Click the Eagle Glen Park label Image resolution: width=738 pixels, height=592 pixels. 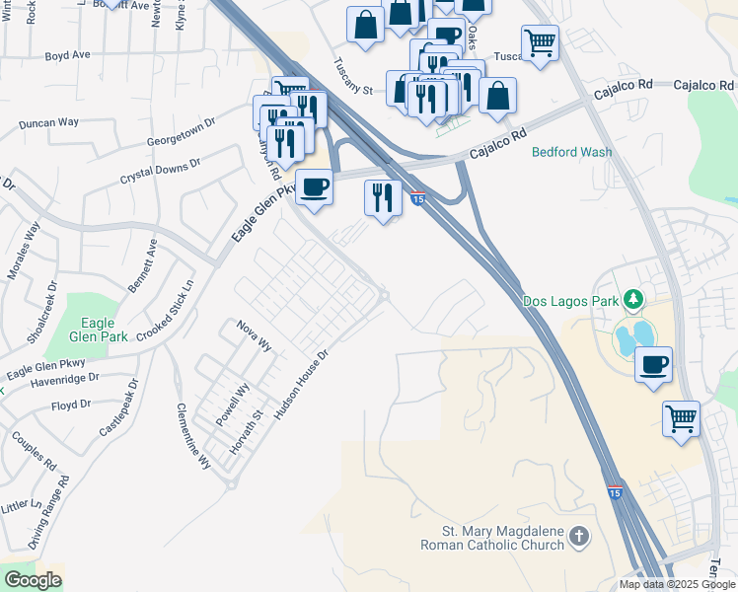[x=99, y=330]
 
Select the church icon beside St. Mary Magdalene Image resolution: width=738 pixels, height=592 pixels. [x=579, y=538]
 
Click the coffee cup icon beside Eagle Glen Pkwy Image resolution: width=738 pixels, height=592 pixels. [x=314, y=186]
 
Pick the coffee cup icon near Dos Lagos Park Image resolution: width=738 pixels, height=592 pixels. [x=653, y=365]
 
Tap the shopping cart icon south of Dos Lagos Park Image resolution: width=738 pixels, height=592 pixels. [x=681, y=419]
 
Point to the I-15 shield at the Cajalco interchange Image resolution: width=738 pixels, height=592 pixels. [x=418, y=199]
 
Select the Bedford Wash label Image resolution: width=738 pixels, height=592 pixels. [x=571, y=152]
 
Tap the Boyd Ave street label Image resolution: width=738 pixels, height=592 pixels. [x=68, y=56]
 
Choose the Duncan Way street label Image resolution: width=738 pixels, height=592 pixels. [x=49, y=123]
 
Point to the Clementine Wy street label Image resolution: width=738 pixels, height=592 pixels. [x=193, y=435]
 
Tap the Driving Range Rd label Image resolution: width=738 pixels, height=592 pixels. [x=48, y=513]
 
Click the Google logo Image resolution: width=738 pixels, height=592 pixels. [x=33, y=580]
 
